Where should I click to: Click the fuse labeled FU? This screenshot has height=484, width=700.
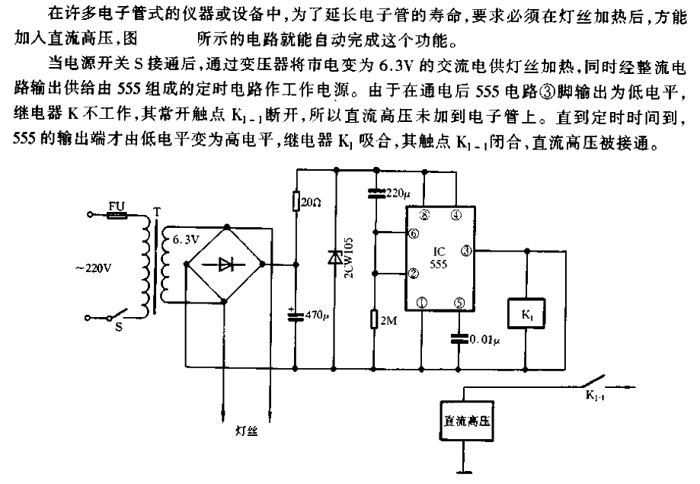(118, 216)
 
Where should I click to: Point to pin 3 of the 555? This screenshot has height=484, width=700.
(467, 250)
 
